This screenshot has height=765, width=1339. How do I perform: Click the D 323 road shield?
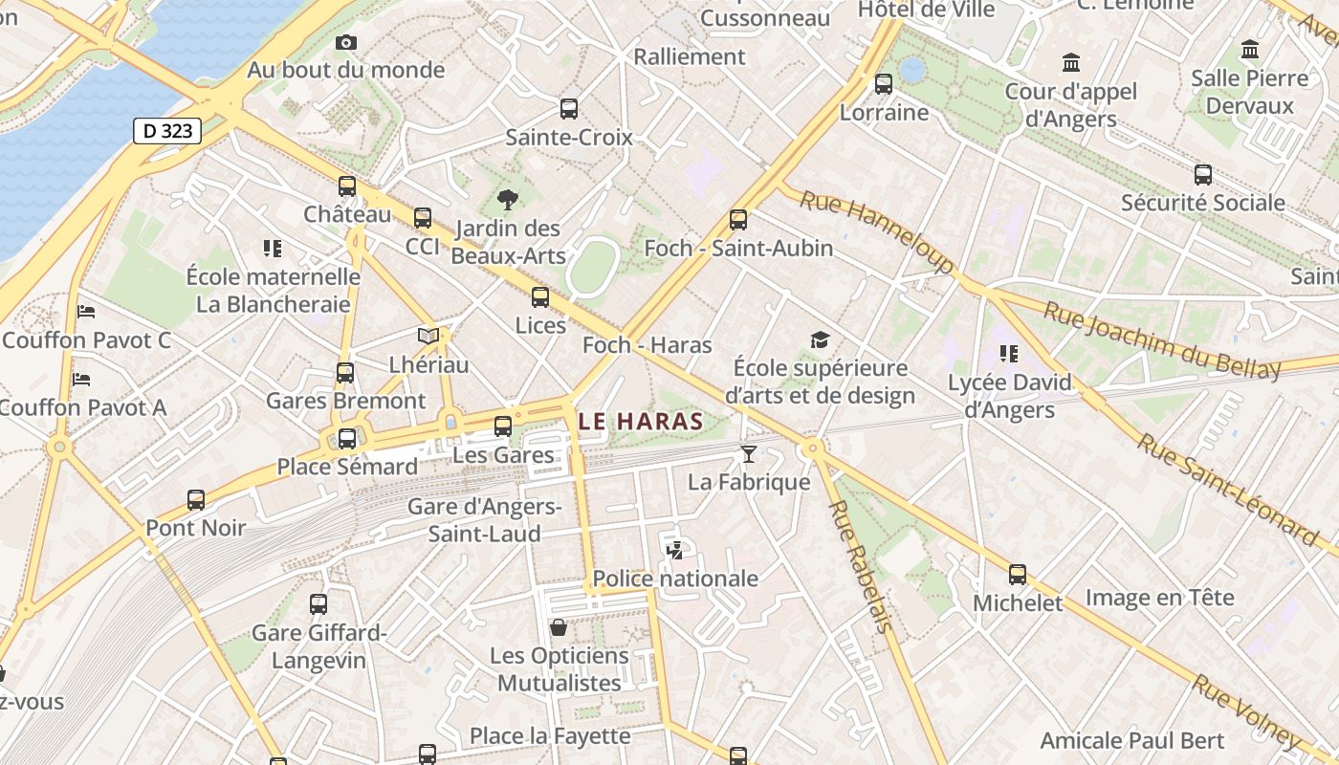tap(167, 131)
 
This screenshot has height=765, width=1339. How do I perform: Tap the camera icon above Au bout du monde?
tap(346, 42)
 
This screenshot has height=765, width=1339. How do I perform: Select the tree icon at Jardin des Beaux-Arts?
tap(508, 200)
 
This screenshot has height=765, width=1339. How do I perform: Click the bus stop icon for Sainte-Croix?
tap(569, 109)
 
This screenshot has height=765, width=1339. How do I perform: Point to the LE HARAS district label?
tap(641, 421)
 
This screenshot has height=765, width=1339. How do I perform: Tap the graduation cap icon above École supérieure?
tap(820, 340)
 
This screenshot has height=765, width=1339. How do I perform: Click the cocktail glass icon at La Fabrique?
tap(748, 453)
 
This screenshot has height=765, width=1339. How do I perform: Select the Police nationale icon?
tap(674, 550)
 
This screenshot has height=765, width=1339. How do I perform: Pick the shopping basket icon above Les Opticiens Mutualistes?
tap(559, 627)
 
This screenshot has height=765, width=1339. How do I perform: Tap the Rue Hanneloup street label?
tap(877, 230)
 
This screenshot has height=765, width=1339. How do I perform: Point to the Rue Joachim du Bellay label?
tap(1161, 340)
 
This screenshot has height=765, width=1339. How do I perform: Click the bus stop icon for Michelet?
tap(1018, 575)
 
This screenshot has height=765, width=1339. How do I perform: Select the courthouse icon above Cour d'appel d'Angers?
tap(1071, 63)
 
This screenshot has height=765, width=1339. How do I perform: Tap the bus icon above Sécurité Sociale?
tap(1203, 175)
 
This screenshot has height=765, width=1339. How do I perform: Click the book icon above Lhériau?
tap(428, 337)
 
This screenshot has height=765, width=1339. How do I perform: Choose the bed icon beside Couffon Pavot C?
tap(86, 312)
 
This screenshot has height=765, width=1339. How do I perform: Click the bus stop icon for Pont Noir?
tap(196, 499)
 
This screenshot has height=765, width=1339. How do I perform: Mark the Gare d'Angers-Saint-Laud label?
tap(484, 519)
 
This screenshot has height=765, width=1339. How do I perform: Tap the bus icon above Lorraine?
tap(884, 84)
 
